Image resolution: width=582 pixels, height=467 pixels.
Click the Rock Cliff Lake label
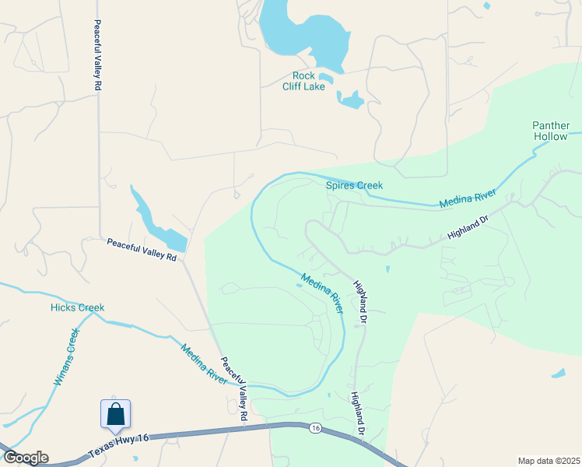point(303,81)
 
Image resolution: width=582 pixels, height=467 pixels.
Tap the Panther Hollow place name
point(551,131)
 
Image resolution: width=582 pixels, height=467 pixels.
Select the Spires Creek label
point(354,185)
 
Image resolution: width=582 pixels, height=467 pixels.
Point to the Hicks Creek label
point(77,307)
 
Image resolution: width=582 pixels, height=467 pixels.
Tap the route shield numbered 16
point(315,428)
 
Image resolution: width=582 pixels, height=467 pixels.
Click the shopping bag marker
point(116,413)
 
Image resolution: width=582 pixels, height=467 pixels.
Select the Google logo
point(25,458)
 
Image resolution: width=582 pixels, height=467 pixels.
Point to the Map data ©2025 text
point(548,461)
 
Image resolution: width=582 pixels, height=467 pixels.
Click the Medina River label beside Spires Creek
point(467,196)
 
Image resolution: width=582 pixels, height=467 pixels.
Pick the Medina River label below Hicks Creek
point(203,363)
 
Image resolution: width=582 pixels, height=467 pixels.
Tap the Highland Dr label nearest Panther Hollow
point(468,227)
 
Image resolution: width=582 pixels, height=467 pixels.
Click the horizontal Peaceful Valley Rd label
point(142,249)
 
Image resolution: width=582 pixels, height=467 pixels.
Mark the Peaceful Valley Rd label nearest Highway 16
point(233,389)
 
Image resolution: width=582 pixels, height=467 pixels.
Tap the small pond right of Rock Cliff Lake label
point(352,99)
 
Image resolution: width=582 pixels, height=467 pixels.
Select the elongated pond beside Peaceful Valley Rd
point(156,220)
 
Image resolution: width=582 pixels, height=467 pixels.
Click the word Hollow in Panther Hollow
point(551,136)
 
